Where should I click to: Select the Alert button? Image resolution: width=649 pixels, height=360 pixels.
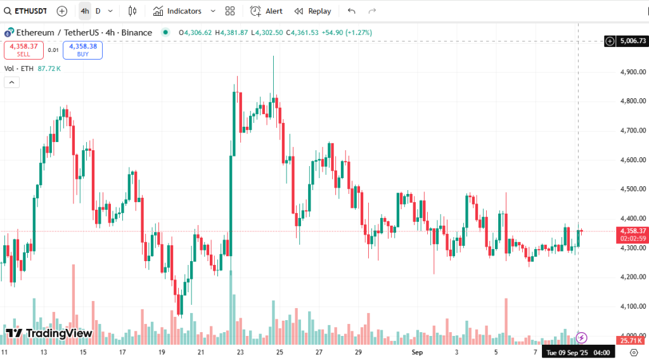point(266,11)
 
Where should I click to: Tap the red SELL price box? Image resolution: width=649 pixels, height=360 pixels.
point(23,49)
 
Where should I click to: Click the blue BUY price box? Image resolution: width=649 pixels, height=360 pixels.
point(82,49)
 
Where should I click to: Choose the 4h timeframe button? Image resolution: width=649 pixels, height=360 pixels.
point(84,11)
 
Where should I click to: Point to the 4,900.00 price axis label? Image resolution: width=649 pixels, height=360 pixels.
point(633,72)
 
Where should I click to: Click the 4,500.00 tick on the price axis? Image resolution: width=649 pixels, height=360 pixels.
point(633,189)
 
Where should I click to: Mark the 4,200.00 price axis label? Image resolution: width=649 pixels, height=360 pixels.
point(633,277)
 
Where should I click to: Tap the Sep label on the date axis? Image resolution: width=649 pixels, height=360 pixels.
point(417,351)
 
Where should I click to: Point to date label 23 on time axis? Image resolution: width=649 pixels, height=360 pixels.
point(240,351)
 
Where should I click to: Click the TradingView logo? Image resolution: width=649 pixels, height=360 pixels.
point(49,333)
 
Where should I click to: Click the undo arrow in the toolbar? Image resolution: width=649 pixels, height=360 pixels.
point(352,11)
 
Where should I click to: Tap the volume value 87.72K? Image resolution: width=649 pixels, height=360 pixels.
point(49,68)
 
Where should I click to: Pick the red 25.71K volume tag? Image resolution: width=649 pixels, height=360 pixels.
point(631,341)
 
